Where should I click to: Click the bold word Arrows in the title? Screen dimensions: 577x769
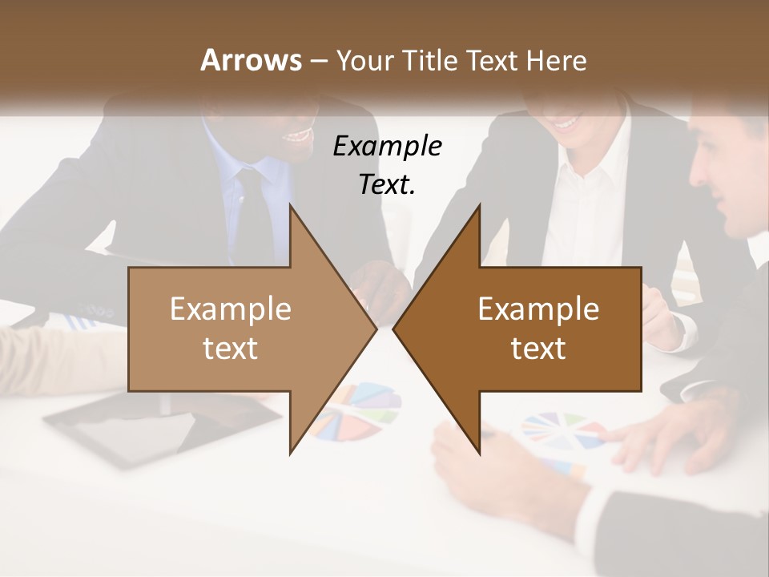tap(251, 60)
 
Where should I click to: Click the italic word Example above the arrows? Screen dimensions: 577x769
tap(387, 147)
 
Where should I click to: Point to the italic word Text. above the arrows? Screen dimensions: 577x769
tap(387, 184)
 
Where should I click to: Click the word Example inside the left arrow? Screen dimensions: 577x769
tap(231, 309)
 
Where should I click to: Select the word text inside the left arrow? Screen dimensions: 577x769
tap(231, 349)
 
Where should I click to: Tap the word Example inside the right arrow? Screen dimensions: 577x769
tap(538, 309)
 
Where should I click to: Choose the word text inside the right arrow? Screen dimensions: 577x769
tap(538, 349)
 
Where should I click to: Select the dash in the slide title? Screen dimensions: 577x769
tap(318, 61)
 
